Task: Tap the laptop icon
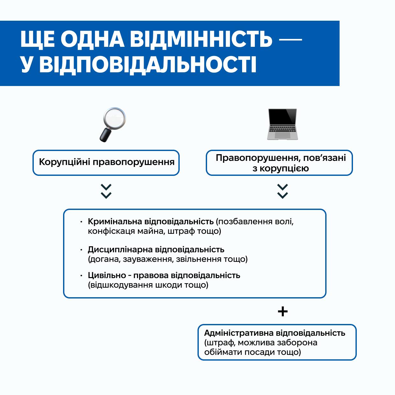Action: click(x=283, y=124)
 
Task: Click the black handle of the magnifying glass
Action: click(x=105, y=135)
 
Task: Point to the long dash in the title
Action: click(x=290, y=40)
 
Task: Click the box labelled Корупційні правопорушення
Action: click(x=106, y=162)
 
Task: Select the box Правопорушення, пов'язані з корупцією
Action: click(x=279, y=163)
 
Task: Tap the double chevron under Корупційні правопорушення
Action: click(x=106, y=191)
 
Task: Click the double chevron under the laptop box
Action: click(x=283, y=191)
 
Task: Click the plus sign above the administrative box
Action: click(x=283, y=311)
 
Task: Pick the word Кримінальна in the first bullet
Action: click(x=115, y=221)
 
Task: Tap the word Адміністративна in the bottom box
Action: click(x=239, y=333)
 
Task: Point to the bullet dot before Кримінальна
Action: click(x=81, y=222)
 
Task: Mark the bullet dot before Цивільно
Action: click(x=81, y=276)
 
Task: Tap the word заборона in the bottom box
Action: click(x=297, y=343)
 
